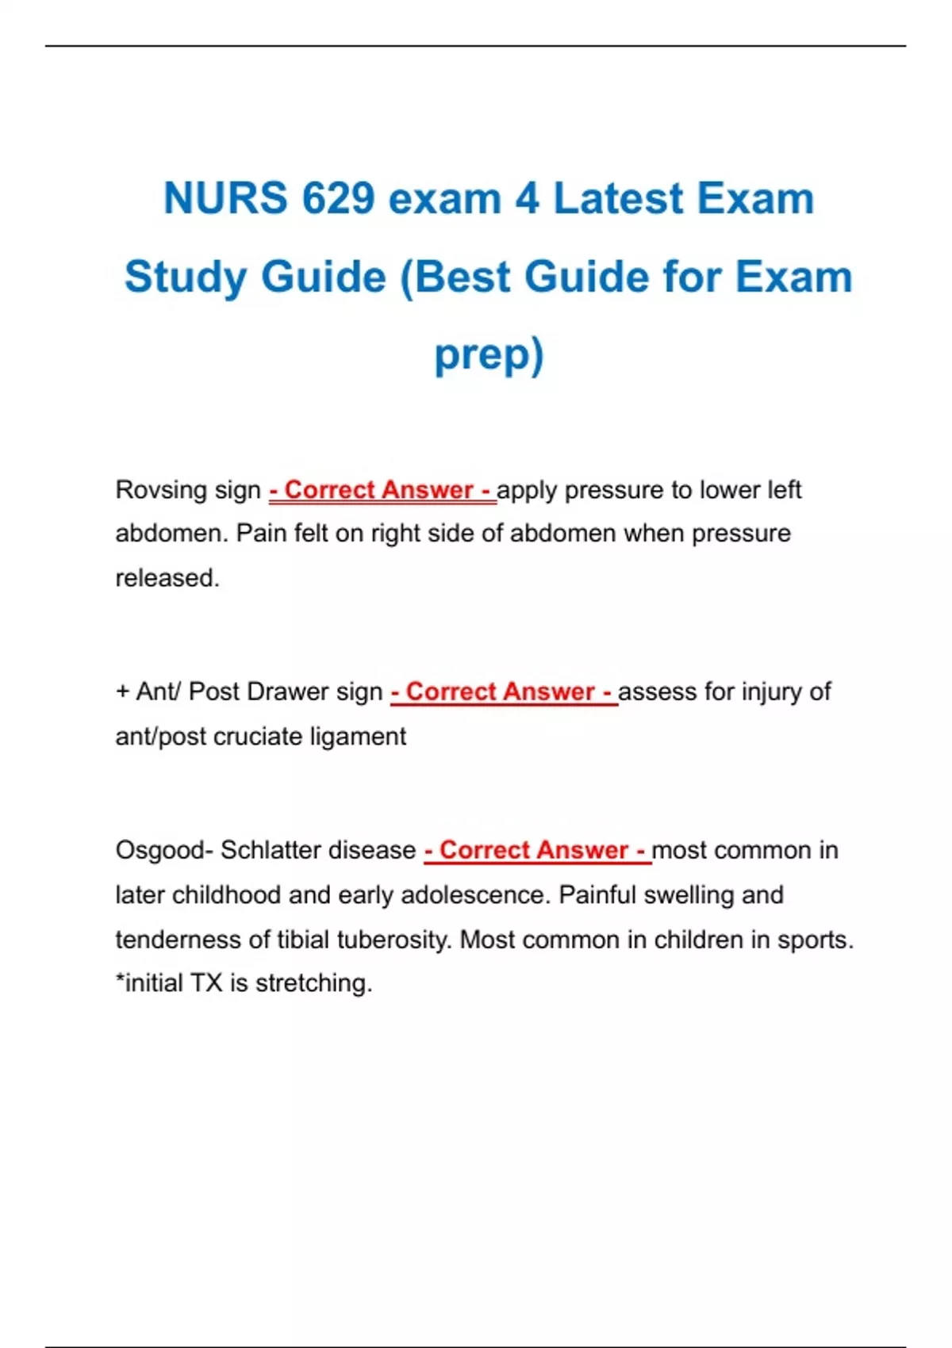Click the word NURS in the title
225,198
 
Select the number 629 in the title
338,198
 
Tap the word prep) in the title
489,354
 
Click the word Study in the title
186,278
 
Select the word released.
167,578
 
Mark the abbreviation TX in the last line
206,983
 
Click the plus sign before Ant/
122,691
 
